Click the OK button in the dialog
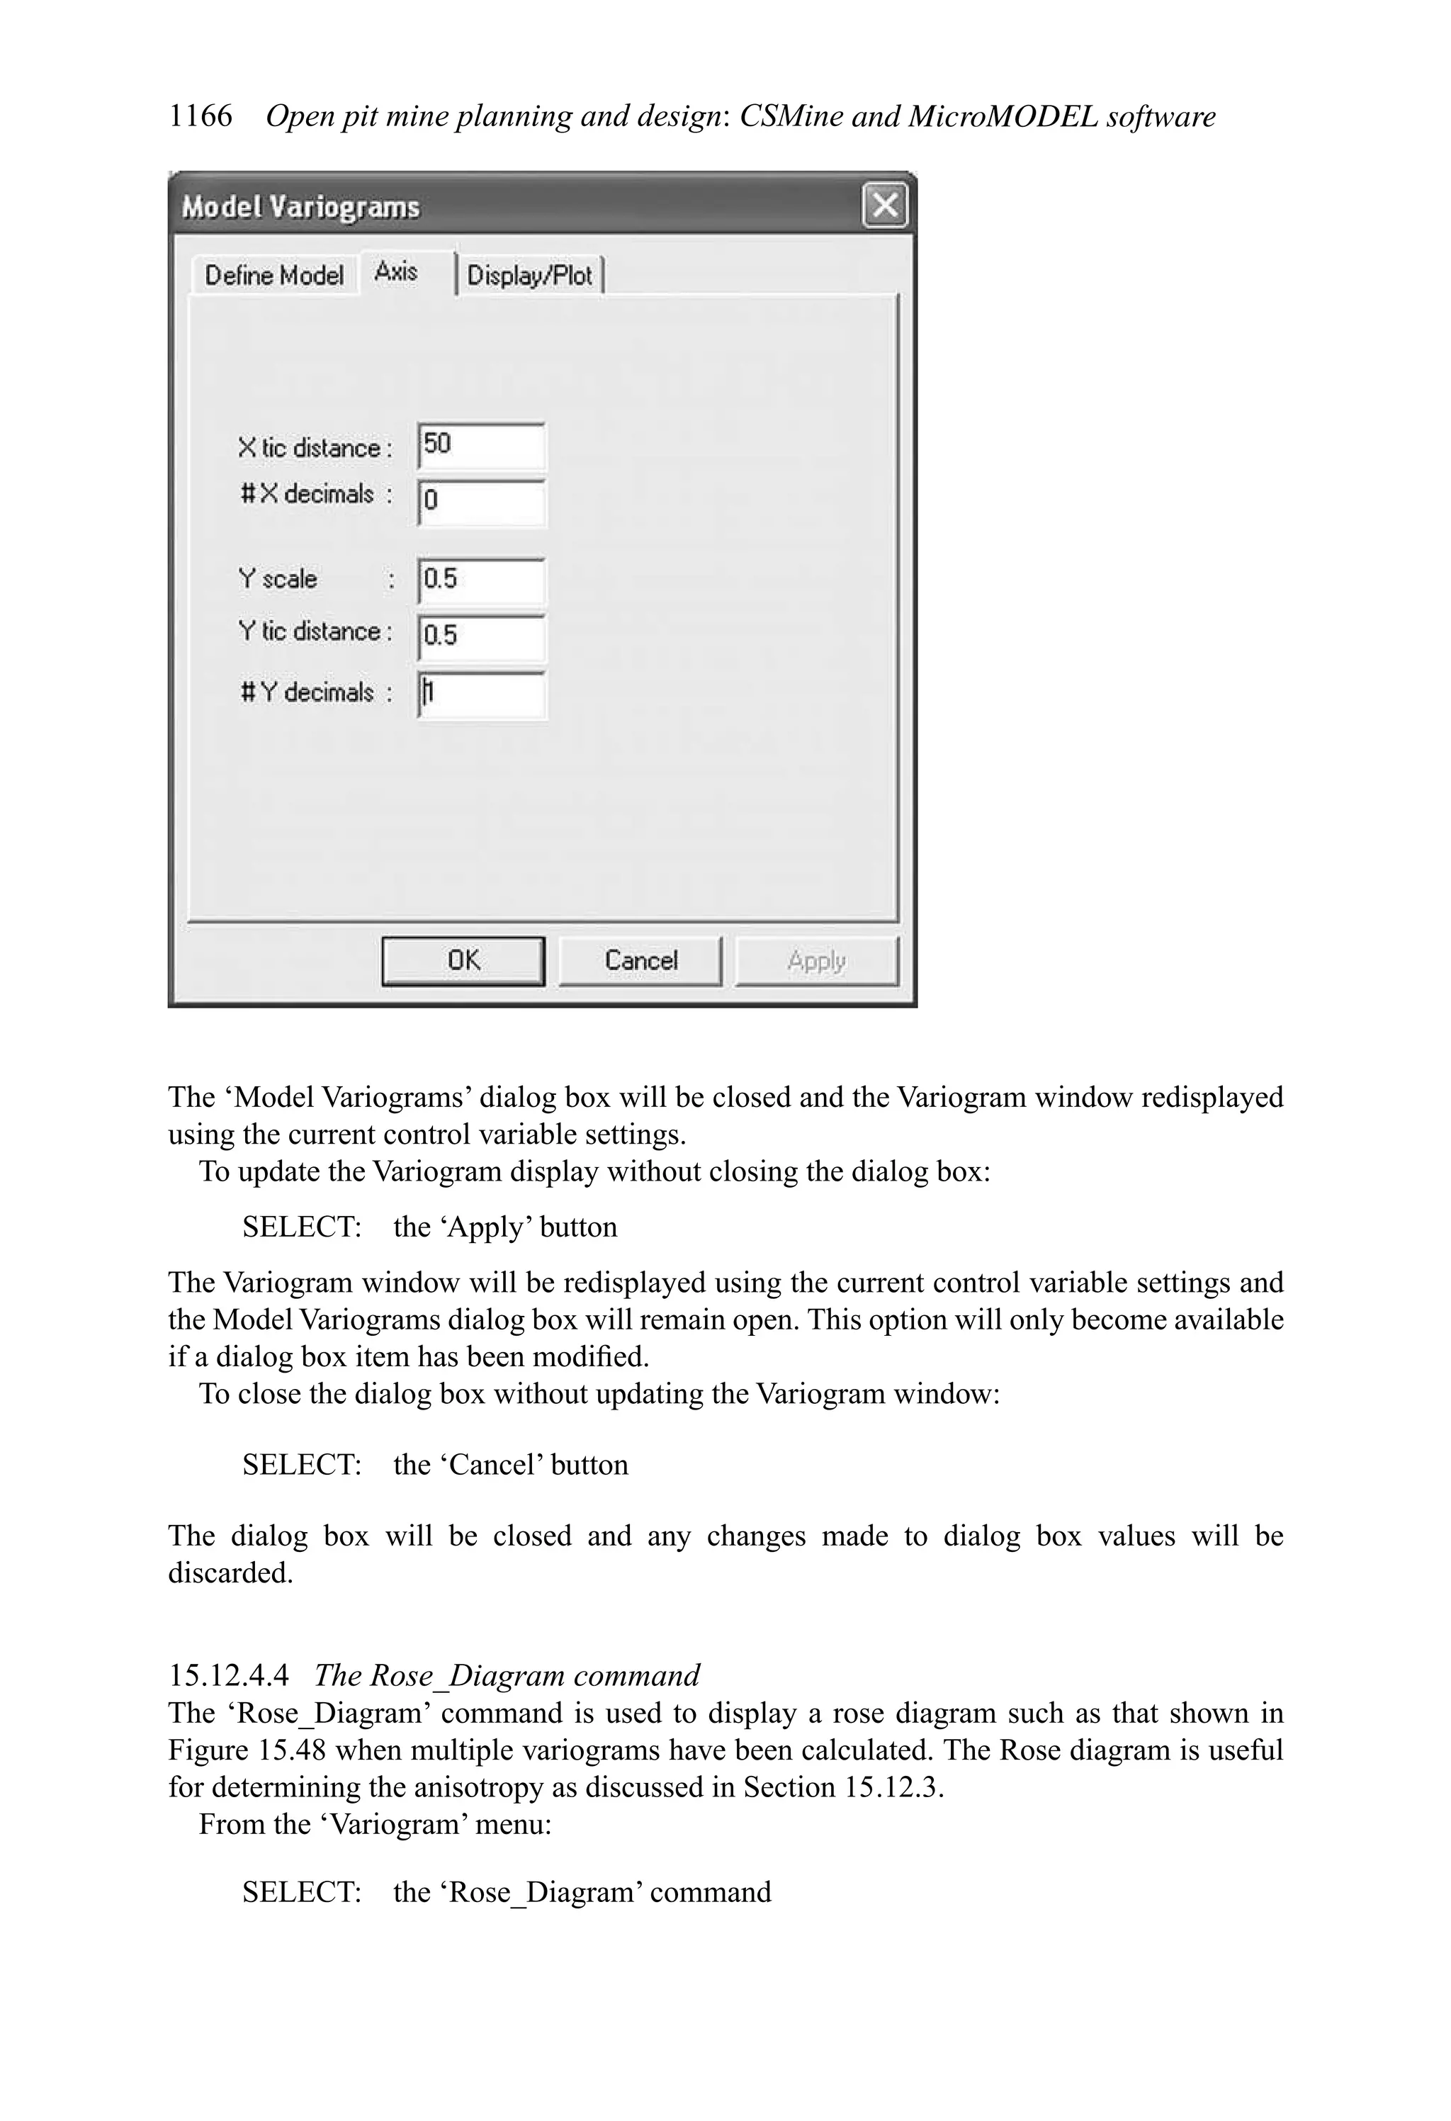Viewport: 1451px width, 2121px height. [x=463, y=961]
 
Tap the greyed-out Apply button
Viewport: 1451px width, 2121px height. [x=817, y=961]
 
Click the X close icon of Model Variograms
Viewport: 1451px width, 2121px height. [x=884, y=206]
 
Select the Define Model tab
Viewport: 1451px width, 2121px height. [x=273, y=275]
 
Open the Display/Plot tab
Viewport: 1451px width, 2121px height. [x=529, y=275]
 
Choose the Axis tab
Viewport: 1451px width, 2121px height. [x=397, y=272]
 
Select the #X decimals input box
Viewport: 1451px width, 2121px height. [x=481, y=502]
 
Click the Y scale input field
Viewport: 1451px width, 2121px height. [x=481, y=580]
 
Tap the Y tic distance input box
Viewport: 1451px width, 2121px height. [x=481, y=636]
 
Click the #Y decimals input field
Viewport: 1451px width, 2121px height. [x=481, y=694]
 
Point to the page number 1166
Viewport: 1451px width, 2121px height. [x=200, y=116]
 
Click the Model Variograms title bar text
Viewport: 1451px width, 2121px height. [x=300, y=207]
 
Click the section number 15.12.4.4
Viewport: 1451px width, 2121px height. [x=228, y=1676]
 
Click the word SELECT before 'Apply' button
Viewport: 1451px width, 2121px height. [x=301, y=1227]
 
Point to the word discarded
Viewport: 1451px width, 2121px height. [x=230, y=1573]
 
